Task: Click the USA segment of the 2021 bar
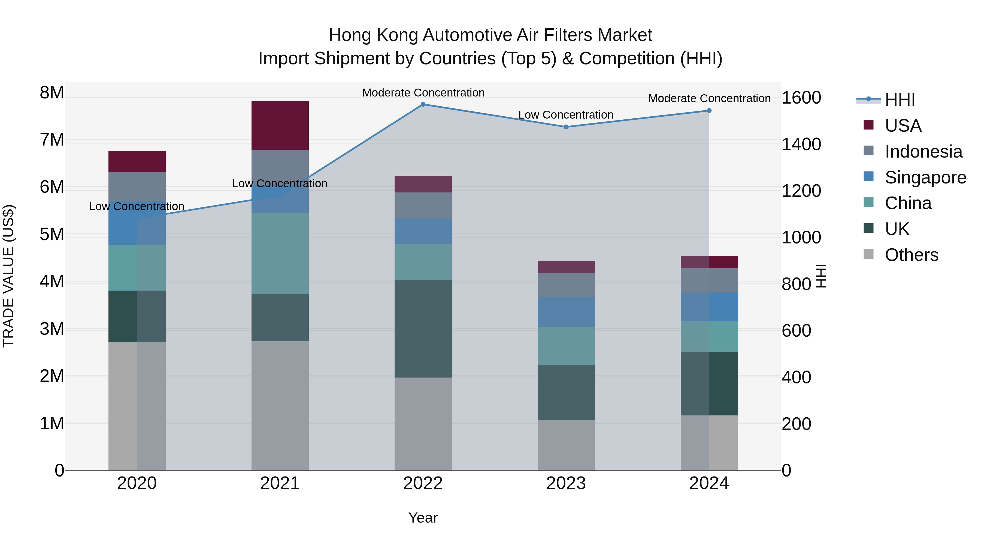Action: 280,125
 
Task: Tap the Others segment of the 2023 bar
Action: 566,445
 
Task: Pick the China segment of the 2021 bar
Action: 280,253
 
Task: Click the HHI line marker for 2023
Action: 566,127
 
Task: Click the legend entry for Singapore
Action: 925,177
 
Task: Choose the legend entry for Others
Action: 911,255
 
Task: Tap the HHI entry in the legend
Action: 900,100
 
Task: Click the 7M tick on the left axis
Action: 52,140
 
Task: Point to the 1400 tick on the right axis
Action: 801,144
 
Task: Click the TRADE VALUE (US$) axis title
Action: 8,276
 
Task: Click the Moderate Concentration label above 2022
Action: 423,93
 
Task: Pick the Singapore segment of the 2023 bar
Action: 566,312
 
